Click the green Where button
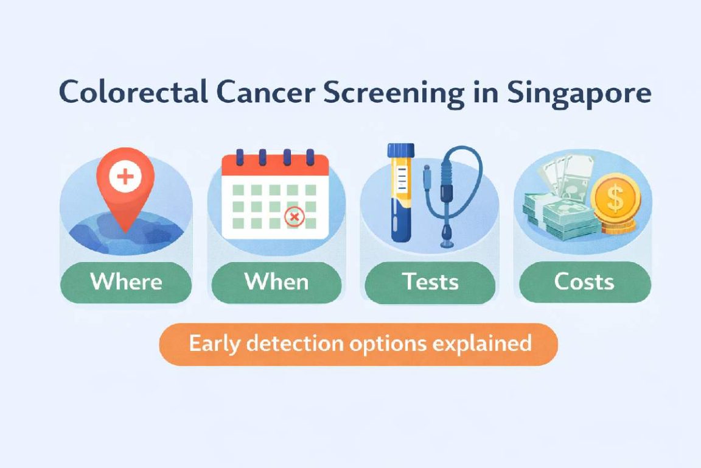pos(126,282)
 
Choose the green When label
pos(276,282)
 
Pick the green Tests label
pos(430,282)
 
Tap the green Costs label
pos(584,282)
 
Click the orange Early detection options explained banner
pos(358,344)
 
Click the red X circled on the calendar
pos(295,216)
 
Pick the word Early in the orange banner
pos(211,344)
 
